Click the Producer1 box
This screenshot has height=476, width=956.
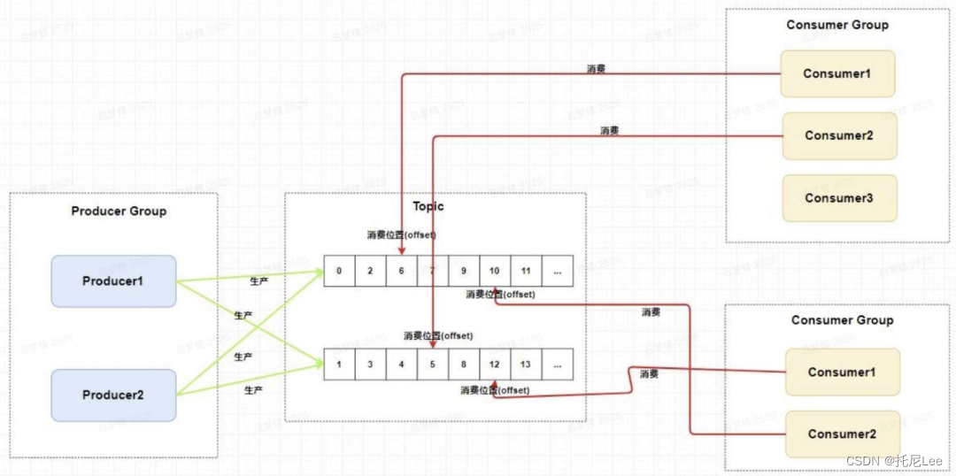[113, 281]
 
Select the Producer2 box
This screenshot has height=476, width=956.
[113, 395]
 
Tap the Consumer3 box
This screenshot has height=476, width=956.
[839, 198]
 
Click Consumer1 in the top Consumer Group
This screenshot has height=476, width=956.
[836, 73]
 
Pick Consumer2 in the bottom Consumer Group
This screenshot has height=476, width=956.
[842, 434]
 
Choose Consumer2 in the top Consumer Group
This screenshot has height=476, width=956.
[839, 135]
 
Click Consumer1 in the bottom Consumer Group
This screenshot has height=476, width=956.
[842, 372]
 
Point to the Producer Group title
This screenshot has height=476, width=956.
[119, 211]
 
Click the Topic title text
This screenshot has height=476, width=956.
[428, 206]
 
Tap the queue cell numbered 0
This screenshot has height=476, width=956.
[339, 271]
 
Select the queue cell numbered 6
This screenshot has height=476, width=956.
[402, 271]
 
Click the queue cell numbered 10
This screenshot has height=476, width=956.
[494, 271]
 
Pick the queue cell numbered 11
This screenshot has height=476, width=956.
[526, 271]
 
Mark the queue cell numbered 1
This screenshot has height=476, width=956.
[339, 364]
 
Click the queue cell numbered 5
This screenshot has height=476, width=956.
[432, 364]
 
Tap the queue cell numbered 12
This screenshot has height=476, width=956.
[494, 364]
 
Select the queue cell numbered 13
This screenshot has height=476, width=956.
[526, 364]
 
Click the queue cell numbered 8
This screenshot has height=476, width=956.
[464, 364]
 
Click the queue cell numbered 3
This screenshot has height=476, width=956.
[370, 364]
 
